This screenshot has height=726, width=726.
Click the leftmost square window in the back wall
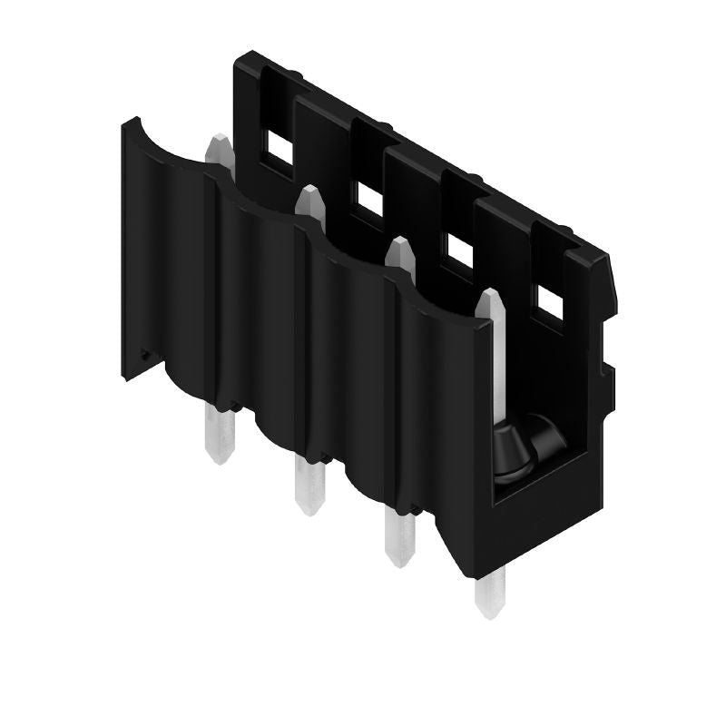click(x=278, y=143)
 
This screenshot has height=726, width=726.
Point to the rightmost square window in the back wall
click(x=550, y=300)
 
